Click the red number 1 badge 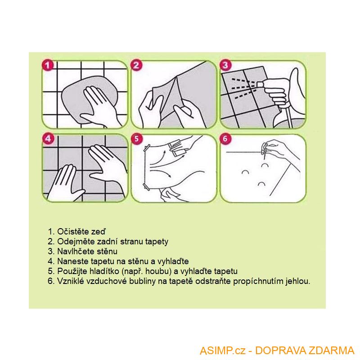(48, 65)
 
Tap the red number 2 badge (136, 65)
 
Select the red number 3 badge (225, 65)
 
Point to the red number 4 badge (48, 139)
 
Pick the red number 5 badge (137, 139)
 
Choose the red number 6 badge (225, 139)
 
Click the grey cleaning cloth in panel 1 (90, 99)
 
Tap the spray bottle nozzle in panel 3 (261, 83)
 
